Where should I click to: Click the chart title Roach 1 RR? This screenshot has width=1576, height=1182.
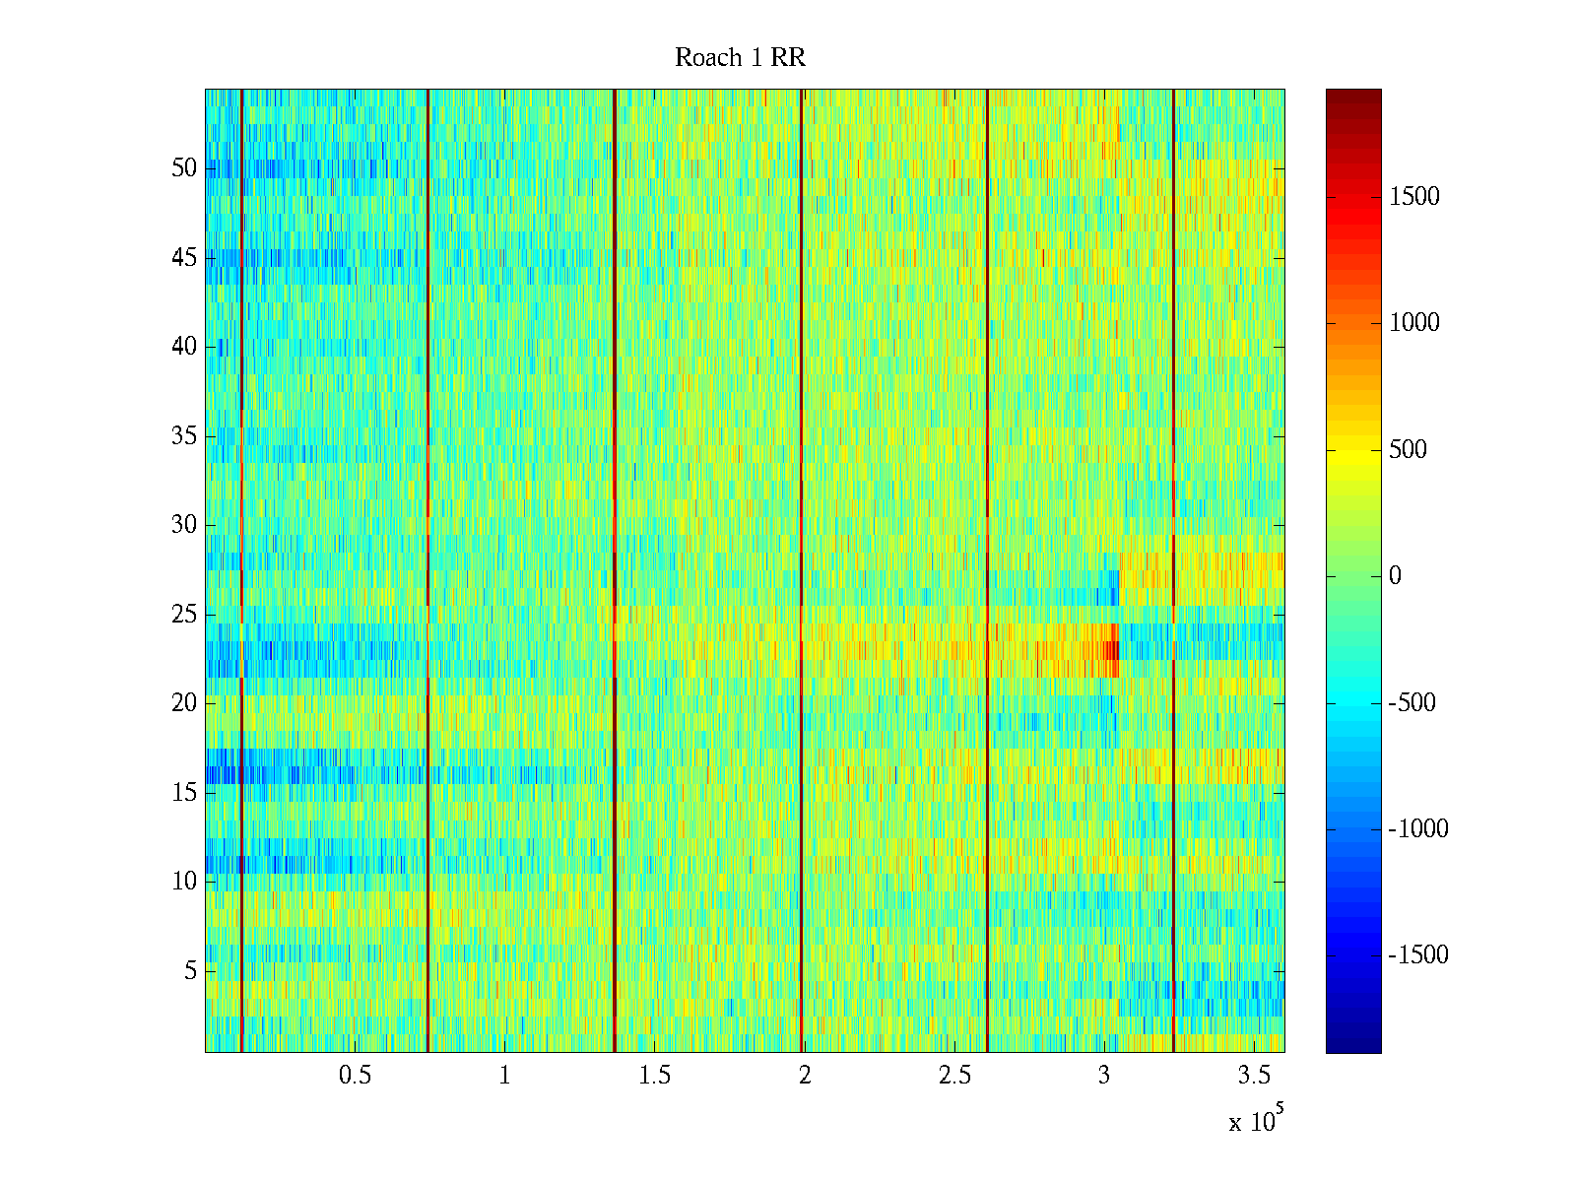click(x=740, y=58)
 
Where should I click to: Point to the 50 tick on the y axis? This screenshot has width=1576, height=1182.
click(x=184, y=168)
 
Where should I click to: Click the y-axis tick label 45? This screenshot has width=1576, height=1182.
click(x=184, y=258)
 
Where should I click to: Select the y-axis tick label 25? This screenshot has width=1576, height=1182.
click(x=184, y=615)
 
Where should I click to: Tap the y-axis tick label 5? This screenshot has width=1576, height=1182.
click(x=190, y=971)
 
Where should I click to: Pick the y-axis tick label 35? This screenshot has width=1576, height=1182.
click(x=184, y=436)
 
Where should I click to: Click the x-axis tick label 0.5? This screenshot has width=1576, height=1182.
click(x=355, y=1076)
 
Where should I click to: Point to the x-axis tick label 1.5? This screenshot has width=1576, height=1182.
click(x=655, y=1076)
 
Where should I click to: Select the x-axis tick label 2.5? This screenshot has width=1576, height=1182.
click(x=954, y=1076)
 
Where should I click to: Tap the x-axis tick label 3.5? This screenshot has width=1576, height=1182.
click(x=1255, y=1076)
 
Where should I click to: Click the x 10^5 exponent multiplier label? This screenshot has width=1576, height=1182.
click(x=1256, y=1121)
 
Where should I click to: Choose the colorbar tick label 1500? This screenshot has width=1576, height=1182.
click(x=1414, y=197)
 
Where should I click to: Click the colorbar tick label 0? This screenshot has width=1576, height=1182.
click(x=1395, y=576)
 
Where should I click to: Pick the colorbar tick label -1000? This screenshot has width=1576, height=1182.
click(x=1418, y=829)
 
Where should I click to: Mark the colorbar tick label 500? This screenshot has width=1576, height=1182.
click(x=1408, y=450)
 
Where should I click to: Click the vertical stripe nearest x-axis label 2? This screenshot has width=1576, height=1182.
click(x=801, y=571)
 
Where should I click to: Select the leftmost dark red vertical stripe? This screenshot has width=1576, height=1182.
click(x=241, y=571)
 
